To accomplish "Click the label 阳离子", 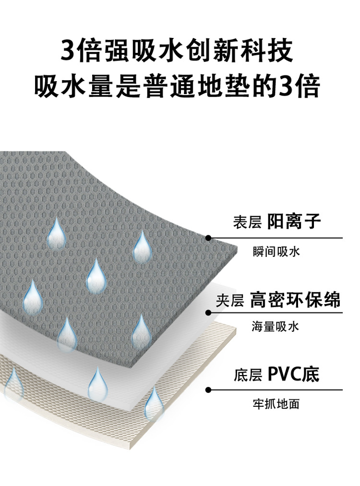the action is pyautogui.click(x=294, y=222).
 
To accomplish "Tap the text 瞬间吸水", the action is pyautogui.click(x=276, y=252).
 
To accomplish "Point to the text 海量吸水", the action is pyautogui.click(x=276, y=327).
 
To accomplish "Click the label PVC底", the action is pyautogui.click(x=293, y=375).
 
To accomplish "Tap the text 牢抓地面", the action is pyautogui.click(x=276, y=404).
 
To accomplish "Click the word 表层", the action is pyautogui.click(x=247, y=223).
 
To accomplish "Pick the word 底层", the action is pyautogui.click(x=248, y=376).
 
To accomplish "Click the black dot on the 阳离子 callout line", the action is pyautogui.click(x=208, y=238).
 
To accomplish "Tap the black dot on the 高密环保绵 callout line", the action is pyautogui.click(x=208, y=313).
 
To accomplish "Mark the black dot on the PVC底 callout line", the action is pyautogui.click(x=208, y=389).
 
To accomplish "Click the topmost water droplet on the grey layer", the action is pyautogui.click(x=57, y=232).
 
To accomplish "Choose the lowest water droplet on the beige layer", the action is pyautogui.click(x=154, y=403).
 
